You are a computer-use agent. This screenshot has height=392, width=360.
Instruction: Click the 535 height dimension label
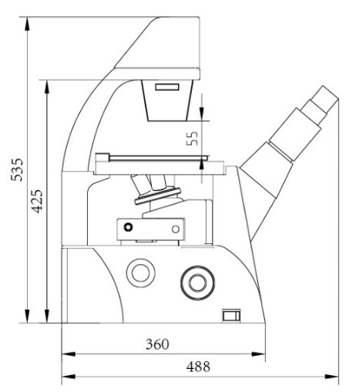click(x=17, y=170)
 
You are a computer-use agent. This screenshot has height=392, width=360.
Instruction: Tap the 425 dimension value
click(x=37, y=201)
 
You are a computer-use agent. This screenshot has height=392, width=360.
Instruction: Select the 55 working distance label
click(x=192, y=139)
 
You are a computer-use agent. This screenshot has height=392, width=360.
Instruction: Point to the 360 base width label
click(x=157, y=344)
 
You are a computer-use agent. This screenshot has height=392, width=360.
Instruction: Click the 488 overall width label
click(x=198, y=367)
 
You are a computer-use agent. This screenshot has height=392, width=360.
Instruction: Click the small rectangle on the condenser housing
click(x=167, y=87)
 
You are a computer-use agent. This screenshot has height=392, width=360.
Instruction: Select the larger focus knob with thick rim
click(x=197, y=283)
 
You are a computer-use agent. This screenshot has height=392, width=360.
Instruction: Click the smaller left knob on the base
click(x=140, y=273)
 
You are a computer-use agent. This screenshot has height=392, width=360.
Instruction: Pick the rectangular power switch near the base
click(x=231, y=316)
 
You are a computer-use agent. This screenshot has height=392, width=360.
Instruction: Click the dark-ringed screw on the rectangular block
click(x=128, y=227)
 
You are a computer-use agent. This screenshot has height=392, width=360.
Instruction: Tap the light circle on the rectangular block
click(x=176, y=229)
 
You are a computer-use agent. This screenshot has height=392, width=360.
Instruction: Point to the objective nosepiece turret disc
click(x=158, y=196)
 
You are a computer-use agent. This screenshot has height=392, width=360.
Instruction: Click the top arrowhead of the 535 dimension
click(x=27, y=24)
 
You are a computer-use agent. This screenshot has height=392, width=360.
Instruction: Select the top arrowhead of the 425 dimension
click(x=47, y=87)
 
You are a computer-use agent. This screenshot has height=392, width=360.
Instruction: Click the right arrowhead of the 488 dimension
click(x=331, y=377)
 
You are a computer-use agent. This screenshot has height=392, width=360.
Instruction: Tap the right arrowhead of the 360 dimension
click(x=258, y=354)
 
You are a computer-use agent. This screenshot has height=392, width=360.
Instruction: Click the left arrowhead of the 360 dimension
click(x=69, y=354)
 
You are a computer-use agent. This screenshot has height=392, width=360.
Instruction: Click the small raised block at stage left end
click(x=102, y=157)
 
